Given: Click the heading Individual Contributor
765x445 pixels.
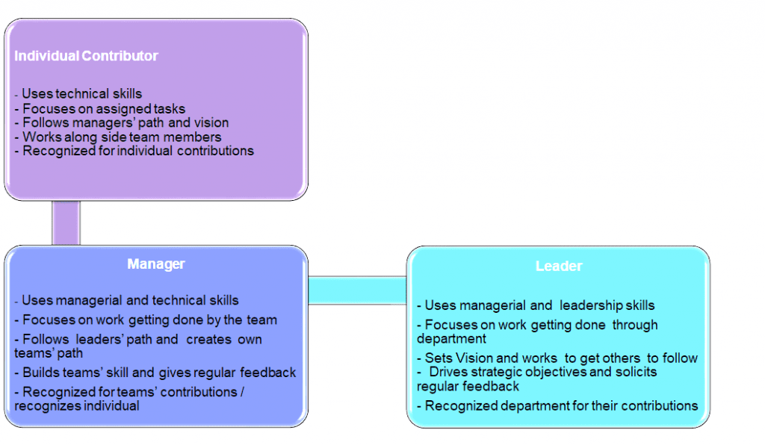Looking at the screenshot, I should tap(87, 56).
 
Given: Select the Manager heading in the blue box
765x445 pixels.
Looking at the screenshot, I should tap(155, 264).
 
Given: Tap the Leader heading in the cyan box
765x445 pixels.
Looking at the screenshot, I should tap(558, 267).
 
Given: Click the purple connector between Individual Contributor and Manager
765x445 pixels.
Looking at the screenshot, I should tap(66, 222).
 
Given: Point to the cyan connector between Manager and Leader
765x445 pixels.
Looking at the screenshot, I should tap(356, 290).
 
